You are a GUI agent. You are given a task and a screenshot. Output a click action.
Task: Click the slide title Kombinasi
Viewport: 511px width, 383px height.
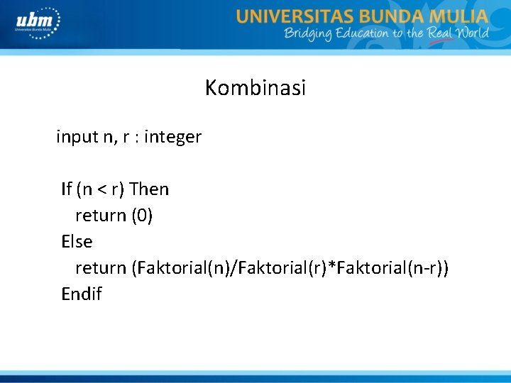[255, 88]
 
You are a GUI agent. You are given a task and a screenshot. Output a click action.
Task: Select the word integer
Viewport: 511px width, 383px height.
[172, 137]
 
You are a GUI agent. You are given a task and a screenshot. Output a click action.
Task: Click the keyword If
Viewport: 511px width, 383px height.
[67, 189]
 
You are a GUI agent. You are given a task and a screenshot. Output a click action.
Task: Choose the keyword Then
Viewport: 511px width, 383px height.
[150, 189]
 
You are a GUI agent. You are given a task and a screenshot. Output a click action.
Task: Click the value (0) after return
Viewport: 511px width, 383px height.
[142, 216]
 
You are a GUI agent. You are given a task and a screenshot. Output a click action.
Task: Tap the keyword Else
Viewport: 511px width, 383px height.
[77, 242]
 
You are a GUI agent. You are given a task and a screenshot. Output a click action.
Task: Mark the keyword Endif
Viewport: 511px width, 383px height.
[82, 294]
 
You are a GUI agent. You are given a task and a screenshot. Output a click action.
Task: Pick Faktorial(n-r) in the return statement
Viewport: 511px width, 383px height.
[388, 268]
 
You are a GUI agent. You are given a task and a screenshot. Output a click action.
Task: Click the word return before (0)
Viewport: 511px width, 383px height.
[101, 216]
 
